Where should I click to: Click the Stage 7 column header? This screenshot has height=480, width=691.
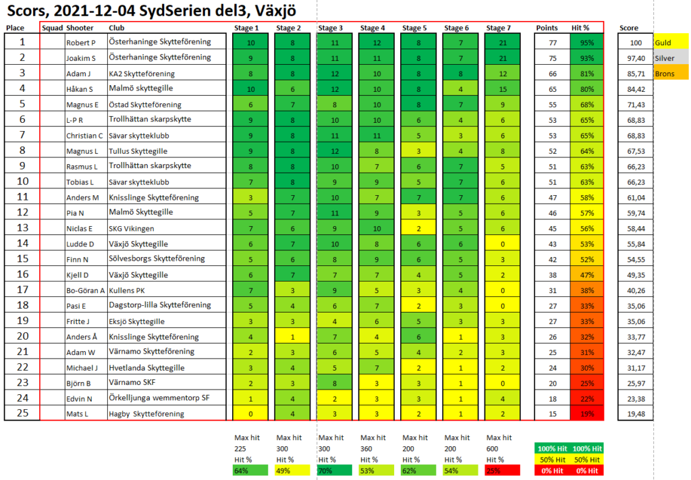499,28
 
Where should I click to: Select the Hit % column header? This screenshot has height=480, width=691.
580,28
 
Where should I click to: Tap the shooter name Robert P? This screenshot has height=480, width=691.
80,43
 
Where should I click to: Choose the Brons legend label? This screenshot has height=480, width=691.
663,73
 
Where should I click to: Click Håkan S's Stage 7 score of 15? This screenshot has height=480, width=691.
503,88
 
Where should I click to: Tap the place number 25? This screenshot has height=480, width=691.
22,412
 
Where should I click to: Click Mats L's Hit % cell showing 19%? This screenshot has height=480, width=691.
586,413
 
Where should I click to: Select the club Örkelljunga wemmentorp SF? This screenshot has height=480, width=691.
157,397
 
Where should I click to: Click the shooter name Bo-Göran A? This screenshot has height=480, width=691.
85,291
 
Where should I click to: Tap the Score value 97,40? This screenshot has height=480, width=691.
636,57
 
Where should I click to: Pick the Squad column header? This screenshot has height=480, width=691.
52,28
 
